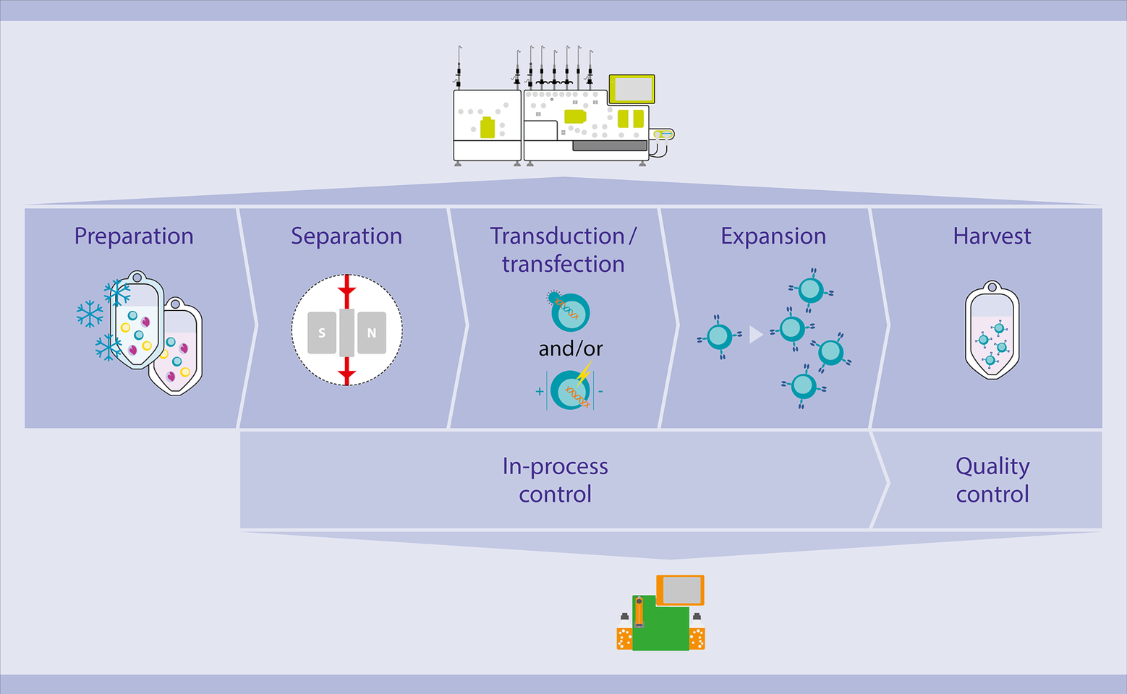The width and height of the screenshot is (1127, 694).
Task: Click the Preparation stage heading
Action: click(134, 236)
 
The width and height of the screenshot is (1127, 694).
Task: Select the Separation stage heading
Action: click(346, 236)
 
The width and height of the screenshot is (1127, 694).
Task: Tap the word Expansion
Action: click(773, 236)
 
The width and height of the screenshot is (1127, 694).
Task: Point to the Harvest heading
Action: click(992, 236)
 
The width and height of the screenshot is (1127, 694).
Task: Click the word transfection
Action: click(563, 265)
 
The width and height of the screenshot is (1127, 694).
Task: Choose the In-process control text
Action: click(555, 480)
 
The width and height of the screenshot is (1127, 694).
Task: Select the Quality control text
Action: click(992, 480)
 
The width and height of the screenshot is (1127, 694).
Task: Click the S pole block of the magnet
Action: click(322, 333)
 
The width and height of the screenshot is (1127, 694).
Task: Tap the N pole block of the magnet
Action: click(372, 333)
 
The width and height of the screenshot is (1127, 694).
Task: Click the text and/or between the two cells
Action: click(570, 349)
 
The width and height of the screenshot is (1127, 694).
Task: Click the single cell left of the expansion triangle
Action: click(719, 336)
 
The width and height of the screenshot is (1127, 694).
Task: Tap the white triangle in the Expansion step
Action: click(755, 335)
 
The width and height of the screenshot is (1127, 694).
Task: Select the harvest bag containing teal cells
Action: click(992, 330)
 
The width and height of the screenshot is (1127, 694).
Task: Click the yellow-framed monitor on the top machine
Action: click(631, 90)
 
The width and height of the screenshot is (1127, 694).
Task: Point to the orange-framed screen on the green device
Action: click(680, 590)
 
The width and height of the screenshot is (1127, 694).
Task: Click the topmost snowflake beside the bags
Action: click(117, 293)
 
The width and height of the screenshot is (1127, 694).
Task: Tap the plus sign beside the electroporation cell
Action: click(540, 392)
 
